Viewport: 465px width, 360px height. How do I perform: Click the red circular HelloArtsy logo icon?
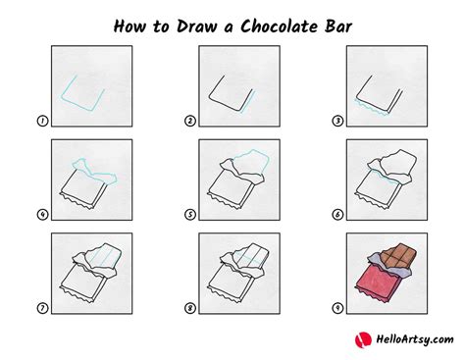pos(360,339)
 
